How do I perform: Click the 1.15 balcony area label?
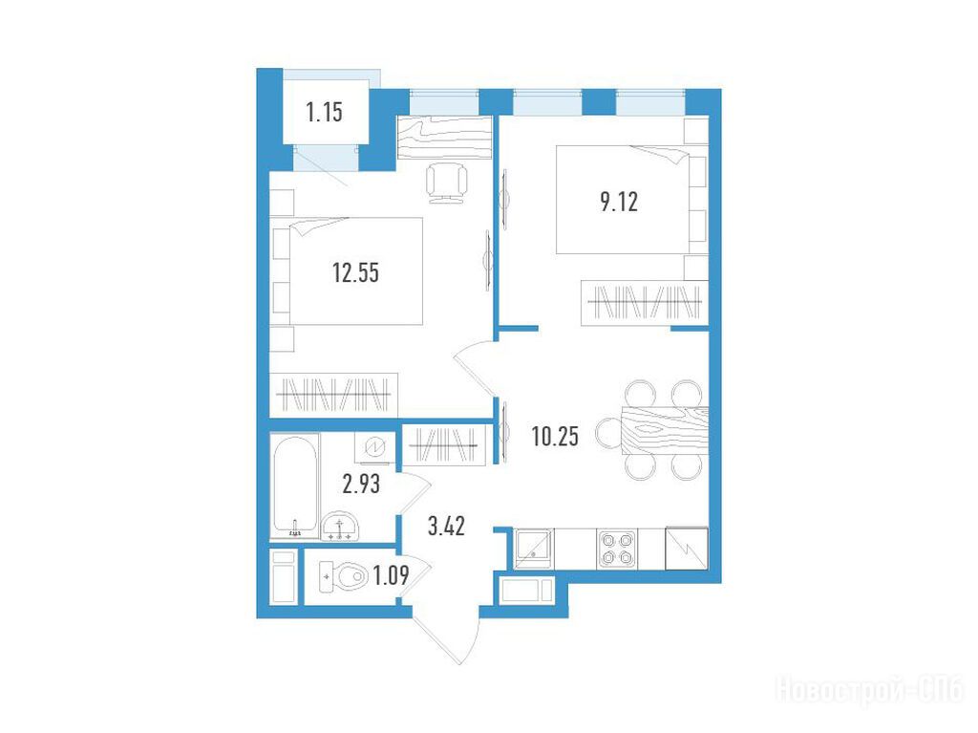pyautogui.click(x=325, y=113)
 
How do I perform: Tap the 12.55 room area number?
pyautogui.click(x=355, y=273)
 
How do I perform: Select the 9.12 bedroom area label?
pyautogui.click(x=619, y=203)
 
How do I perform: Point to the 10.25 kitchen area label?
pyautogui.click(x=555, y=436)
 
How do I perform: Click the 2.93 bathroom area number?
pyautogui.click(x=361, y=484)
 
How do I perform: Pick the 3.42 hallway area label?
pyautogui.click(x=447, y=527)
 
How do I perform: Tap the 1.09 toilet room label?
pyautogui.click(x=391, y=575)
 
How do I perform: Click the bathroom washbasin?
pyautogui.click(x=340, y=527)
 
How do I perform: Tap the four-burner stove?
pyautogui.click(x=617, y=549)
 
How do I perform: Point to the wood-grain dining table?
pyautogui.click(x=665, y=430)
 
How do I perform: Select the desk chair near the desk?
pyautogui.click(x=447, y=182)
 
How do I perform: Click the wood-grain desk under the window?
pyautogui.click(x=445, y=138)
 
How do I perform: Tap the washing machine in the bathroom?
pyautogui.click(x=374, y=447)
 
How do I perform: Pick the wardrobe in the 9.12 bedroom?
pyautogui.click(x=645, y=303)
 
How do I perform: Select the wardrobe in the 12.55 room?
pyautogui.click(x=333, y=395)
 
